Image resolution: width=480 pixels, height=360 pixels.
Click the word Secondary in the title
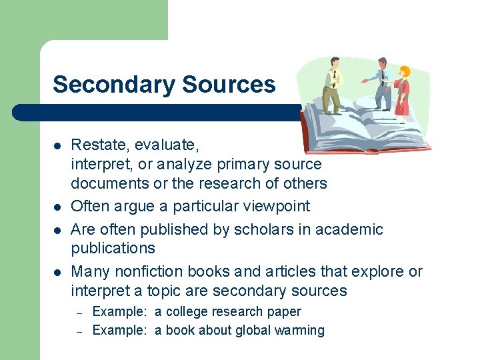(x=106, y=85)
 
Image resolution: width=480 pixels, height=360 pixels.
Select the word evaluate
(x=170, y=144)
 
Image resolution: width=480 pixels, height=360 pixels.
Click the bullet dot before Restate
(x=59, y=145)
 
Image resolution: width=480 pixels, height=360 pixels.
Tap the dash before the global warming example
(x=78, y=331)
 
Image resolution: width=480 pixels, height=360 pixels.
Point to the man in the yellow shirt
(x=333, y=87)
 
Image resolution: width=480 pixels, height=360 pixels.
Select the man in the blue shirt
(x=381, y=83)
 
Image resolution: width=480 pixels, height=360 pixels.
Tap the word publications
(x=113, y=248)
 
